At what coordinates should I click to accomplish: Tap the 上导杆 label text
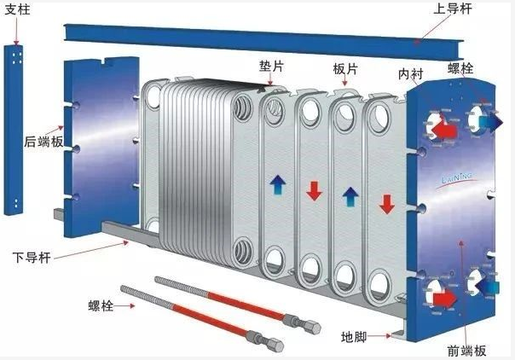pos(453,9)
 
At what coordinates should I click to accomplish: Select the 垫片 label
pos(271,66)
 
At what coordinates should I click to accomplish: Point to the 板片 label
pos(344,69)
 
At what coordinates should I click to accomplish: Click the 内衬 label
pos(411,74)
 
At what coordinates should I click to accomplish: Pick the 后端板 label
pos(43,142)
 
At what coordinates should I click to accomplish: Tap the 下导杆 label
pos(32,257)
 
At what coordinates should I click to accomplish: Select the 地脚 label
pos(353,337)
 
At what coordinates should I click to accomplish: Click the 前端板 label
pos(466,351)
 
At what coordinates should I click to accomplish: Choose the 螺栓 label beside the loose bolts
pos(101,305)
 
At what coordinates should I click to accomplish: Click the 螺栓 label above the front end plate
pos(460,68)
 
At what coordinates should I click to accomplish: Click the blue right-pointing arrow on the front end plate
pos(491,122)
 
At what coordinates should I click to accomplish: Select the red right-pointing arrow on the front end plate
pos(445,299)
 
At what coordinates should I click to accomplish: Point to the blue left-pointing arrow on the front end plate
pos(488,287)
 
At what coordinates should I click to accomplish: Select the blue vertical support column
pos(14,130)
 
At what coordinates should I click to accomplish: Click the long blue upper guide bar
pos(263,41)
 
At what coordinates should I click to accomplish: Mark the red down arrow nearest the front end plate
pos(387,204)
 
